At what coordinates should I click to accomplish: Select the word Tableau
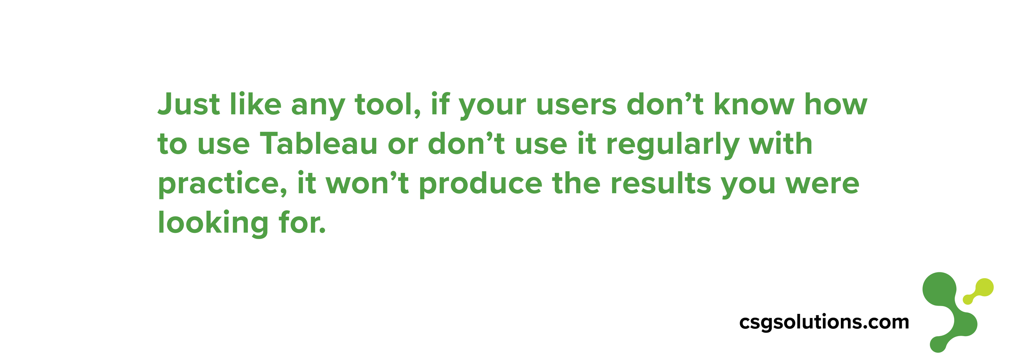tap(319, 144)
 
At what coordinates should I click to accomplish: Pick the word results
tap(661, 183)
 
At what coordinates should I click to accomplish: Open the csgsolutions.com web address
tap(824, 323)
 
